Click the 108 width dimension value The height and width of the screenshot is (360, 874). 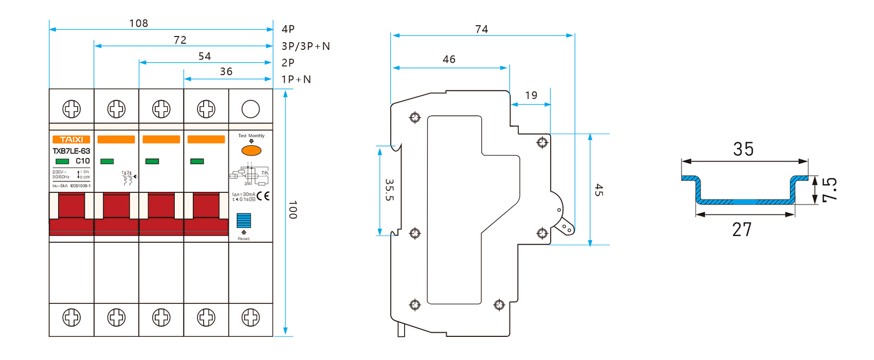click(139, 23)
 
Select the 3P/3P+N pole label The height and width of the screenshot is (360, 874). click(305, 46)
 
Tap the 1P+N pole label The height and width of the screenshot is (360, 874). click(296, 79)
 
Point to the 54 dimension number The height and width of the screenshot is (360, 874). click(205, 56)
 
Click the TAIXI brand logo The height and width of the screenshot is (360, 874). click(71, 139)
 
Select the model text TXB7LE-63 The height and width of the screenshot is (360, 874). click(71, 151)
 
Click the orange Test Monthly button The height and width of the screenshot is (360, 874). click(251, 150)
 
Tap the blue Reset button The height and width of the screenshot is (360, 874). click(244, 220)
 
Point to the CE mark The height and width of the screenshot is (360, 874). click(263, 196)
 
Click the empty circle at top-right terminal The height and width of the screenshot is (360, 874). click(250, 109)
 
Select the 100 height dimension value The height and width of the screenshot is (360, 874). click(293, 210)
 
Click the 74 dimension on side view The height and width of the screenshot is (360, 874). click(482, 29)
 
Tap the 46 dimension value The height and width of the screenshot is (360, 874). click(449, 59)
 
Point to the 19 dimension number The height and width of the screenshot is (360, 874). click(531, 95)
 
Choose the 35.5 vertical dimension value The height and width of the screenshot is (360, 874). click(390, 190)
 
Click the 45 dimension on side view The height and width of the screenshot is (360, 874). click(598, 190)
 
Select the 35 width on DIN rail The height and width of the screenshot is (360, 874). click(743, 149)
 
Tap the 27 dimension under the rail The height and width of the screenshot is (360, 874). click(742, 229)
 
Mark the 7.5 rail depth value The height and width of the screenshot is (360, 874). click(829, 190)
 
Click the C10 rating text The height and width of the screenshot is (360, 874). click(83, 161)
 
